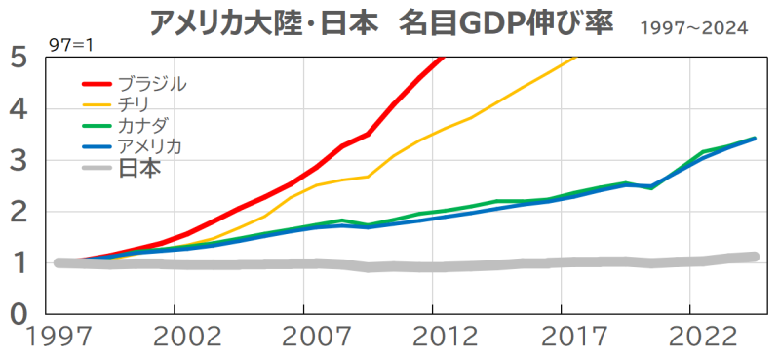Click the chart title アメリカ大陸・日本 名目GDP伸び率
click(382, 23)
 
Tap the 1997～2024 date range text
click(694, 28)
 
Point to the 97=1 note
click(71, 45)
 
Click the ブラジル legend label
click(152, 84)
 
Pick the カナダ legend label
click(143, 124)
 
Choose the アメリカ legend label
click(149, 146)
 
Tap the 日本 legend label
click(139, 169)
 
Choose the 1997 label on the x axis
click(59, 338)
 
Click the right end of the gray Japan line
click(754, 257)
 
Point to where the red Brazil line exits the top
click(442, 58)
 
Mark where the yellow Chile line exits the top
click(576, 58)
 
